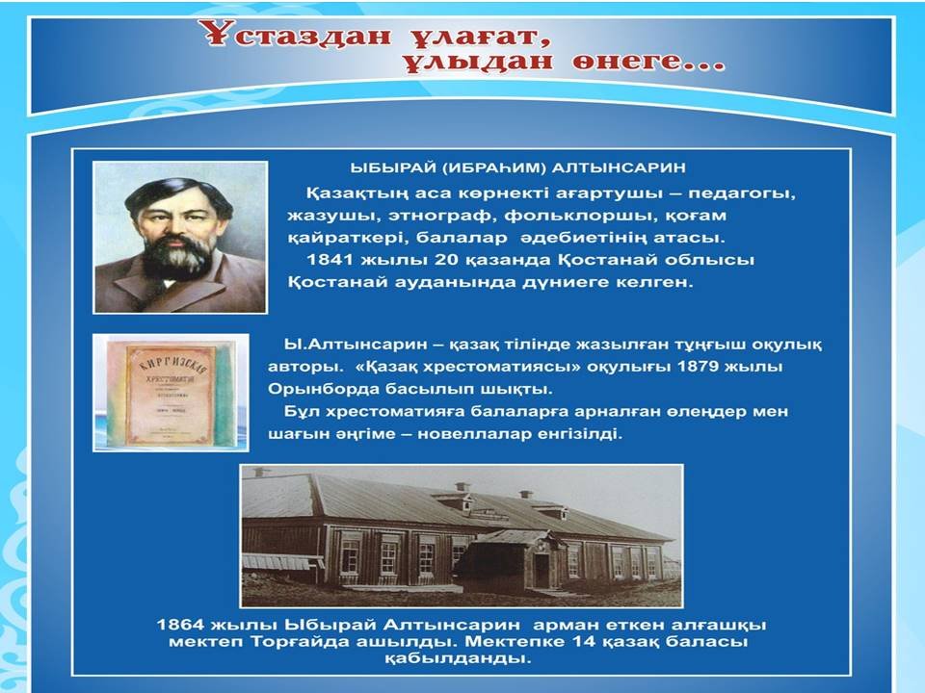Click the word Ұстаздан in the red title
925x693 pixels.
click(299, 36)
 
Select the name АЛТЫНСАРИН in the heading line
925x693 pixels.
click(619, 167)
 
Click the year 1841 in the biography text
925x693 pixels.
click(330, 260)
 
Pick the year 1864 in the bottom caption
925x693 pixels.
click(180, 625)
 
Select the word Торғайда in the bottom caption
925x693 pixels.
click(298, 641)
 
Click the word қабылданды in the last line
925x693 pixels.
click(458, 658)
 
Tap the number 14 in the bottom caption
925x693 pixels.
click(585, 641)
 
